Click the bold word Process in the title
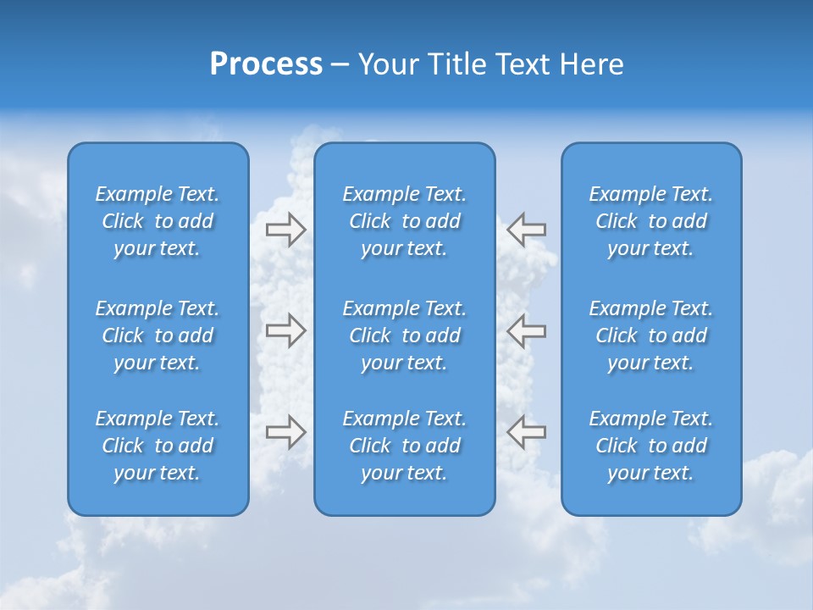[x=266, y=64]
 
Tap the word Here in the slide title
[x=592, y=64]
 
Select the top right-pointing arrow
[x=285, y=230]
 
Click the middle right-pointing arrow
[x=285, y=330]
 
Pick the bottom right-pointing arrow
[x=285, y=431]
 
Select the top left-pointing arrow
[x=527, y=230]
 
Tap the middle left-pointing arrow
[x=527, y=330]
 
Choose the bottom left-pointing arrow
[x=527, y=431]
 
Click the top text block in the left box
[x=158, y=221]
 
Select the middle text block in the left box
[x=158, y=335]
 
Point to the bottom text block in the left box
[x=158, y=446]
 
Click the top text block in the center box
[x=405, y=221]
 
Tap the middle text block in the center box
[x=405, y=335]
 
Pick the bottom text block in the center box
[x=405, y=446]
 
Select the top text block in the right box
[x=651, y=221]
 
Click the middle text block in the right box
[x=651, y=335]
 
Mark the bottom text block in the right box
[x=651, y=446]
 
